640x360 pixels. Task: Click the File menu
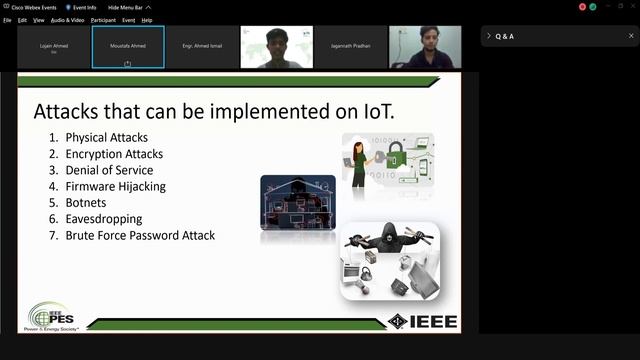7,20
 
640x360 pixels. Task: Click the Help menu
147,20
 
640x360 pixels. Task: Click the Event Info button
83,7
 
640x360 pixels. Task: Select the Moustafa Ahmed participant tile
128,47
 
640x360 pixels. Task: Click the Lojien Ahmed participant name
54,45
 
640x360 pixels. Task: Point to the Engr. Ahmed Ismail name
202,46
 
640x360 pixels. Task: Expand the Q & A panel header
504,36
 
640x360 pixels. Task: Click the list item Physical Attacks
106,137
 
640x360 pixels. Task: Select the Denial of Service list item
109,170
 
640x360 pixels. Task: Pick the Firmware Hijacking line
115,186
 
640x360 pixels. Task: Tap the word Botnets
86,203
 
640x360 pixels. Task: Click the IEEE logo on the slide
423,321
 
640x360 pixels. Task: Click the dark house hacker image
298,203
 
